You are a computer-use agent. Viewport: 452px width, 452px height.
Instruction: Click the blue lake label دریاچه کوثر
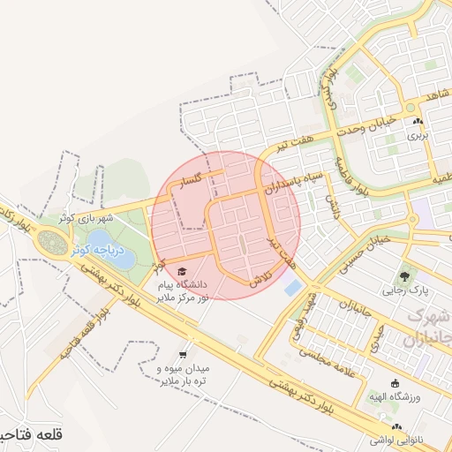[x=103, y=252]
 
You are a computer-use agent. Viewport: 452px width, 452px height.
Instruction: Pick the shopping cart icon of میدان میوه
[x=182, y=351]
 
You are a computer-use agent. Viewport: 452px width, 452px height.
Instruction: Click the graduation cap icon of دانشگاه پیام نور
[x=182, y=271]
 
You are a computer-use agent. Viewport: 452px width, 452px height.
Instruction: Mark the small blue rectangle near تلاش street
[x=292, y=287]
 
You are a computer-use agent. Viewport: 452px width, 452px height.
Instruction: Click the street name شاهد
[x=436, y=94]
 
